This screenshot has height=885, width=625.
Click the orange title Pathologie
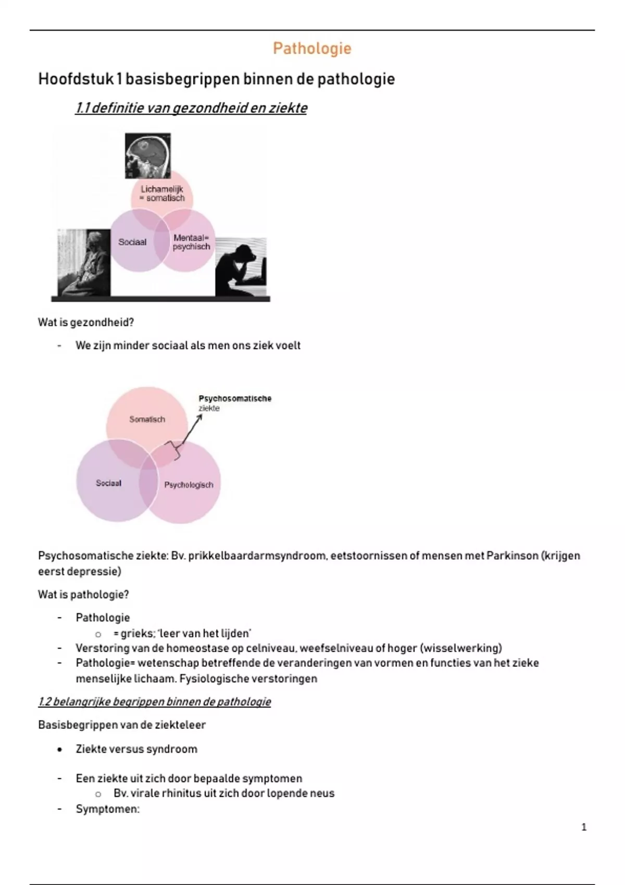[x=312, y=48]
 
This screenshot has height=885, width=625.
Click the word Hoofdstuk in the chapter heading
[x=76, y=79]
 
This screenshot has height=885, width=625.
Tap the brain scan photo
[x=148, y=155]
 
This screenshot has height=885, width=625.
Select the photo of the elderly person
[x=84, y=262]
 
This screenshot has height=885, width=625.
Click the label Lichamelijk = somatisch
[x=161, y=194]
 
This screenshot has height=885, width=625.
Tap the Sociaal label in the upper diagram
[x=132, y=242]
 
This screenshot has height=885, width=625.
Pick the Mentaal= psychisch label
[x=191, y=242]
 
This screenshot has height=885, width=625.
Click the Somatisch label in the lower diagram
[x=147, y=419]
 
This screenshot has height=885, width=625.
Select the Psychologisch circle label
[x=189, y=485]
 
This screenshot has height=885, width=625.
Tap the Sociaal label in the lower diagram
[x=108, y=483]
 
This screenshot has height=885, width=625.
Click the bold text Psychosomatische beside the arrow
[x=235, y=398]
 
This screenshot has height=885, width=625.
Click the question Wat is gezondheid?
[x=86, y=322]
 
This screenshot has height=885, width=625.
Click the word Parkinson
[x=512, y=555]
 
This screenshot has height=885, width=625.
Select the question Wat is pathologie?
[x=83, y=595]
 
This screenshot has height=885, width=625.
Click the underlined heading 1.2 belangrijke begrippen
[x=154, y=702]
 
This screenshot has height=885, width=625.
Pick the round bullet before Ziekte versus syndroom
[x=60, y=750]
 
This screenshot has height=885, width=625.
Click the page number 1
[x=584, y=827]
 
